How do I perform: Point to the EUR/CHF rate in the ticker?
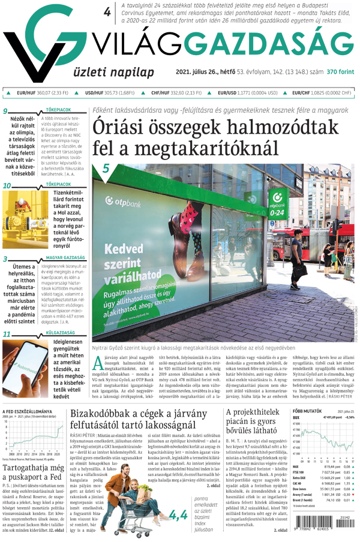(322, 94)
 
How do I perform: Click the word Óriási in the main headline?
(121, 128)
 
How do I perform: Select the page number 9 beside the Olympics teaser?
(5, 112)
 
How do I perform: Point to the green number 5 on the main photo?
(106, 168)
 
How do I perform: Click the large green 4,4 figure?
(178, 514)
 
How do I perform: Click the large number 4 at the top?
(107, 12)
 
